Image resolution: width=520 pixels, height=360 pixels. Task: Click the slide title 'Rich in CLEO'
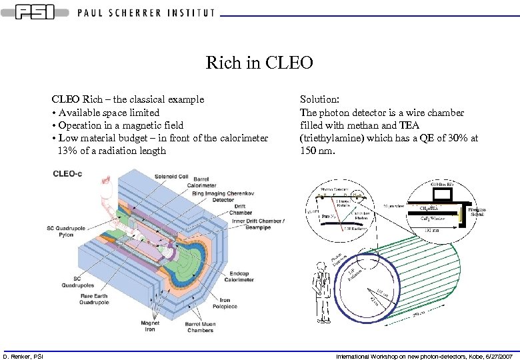coord(259,63)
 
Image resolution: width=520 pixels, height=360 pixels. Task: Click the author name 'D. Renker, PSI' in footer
coord(22,356)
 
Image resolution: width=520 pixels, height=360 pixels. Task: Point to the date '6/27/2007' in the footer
coord(496,356)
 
